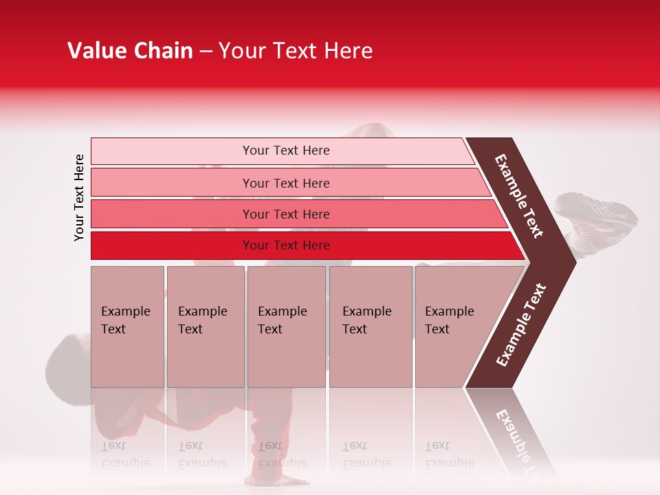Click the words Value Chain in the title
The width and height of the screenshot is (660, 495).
130,51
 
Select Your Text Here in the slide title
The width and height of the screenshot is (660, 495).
296,51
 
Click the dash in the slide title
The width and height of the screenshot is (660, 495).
206,52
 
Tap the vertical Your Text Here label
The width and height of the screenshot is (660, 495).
79,198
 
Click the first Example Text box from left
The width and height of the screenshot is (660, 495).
127,326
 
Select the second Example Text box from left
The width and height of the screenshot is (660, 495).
205,326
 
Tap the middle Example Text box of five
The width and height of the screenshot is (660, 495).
286,326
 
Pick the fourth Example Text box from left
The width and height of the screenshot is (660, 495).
370,326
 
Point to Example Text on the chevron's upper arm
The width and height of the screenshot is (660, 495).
519,196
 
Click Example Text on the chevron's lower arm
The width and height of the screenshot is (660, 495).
521,324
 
